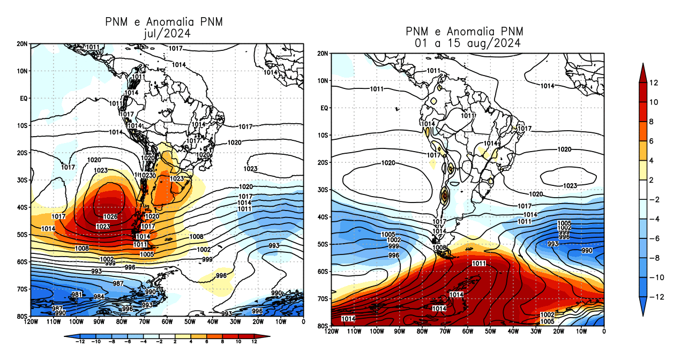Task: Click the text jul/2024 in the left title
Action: (163, 33)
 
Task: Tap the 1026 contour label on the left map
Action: (110, 216)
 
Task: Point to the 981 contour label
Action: (77, 295)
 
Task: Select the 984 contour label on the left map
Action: (99, 297)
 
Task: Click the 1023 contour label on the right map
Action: (570, 186)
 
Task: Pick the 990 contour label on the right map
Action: (587, 251)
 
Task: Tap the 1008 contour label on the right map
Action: (439, 248)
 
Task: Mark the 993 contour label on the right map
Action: (553, 244)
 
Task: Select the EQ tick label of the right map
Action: (324, 108)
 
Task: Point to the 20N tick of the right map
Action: (323, 54)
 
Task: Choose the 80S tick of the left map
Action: (23, 316)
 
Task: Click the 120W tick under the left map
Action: (31, 322)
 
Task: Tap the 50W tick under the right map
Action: (490, 332)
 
